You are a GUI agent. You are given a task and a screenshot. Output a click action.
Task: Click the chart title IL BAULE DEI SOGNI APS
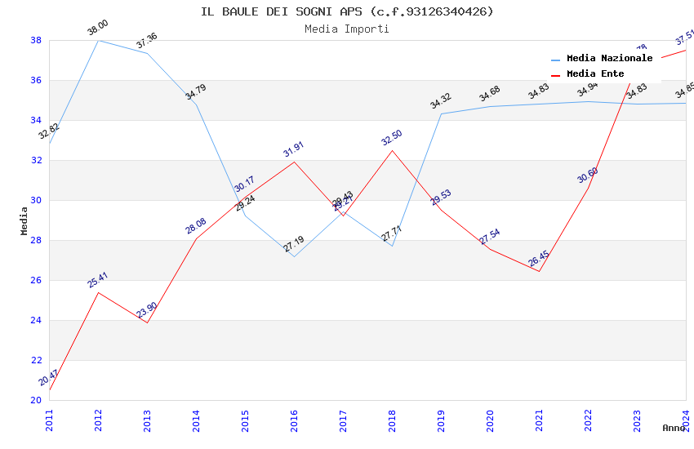pos(347,11)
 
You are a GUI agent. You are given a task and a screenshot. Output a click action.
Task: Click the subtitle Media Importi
pos(347,29)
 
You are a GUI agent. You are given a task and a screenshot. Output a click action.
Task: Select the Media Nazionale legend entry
pos(609,59)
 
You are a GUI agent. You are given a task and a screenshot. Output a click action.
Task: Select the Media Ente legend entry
pos(595,74)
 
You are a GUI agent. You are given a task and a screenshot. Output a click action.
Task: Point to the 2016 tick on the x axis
pos(294,416)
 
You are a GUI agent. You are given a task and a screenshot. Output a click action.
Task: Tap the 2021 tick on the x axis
pos(539,416)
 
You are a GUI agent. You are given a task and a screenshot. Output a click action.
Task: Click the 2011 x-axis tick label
pos(49,416)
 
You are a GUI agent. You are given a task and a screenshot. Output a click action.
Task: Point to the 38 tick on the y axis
pos(36,40)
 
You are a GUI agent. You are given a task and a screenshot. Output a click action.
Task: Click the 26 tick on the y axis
pos(36,280)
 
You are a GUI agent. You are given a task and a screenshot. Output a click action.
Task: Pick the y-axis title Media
pos(24,220)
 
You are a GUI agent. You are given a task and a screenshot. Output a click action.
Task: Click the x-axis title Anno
pos(674,428)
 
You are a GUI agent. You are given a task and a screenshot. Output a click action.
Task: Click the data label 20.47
pos(49,377)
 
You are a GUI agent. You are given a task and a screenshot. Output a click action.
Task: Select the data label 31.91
pos(294,149)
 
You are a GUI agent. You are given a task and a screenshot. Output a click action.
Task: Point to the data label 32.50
pos(392,137)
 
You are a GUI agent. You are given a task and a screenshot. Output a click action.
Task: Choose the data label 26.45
pos(539,259)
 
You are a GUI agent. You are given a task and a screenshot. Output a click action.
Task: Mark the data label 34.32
pos(441,101)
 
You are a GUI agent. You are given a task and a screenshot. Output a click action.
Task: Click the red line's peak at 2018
pos(392,150)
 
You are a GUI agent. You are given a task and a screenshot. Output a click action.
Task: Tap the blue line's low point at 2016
pos(294,256)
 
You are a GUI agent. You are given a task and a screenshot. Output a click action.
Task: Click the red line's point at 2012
pos(98,292)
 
